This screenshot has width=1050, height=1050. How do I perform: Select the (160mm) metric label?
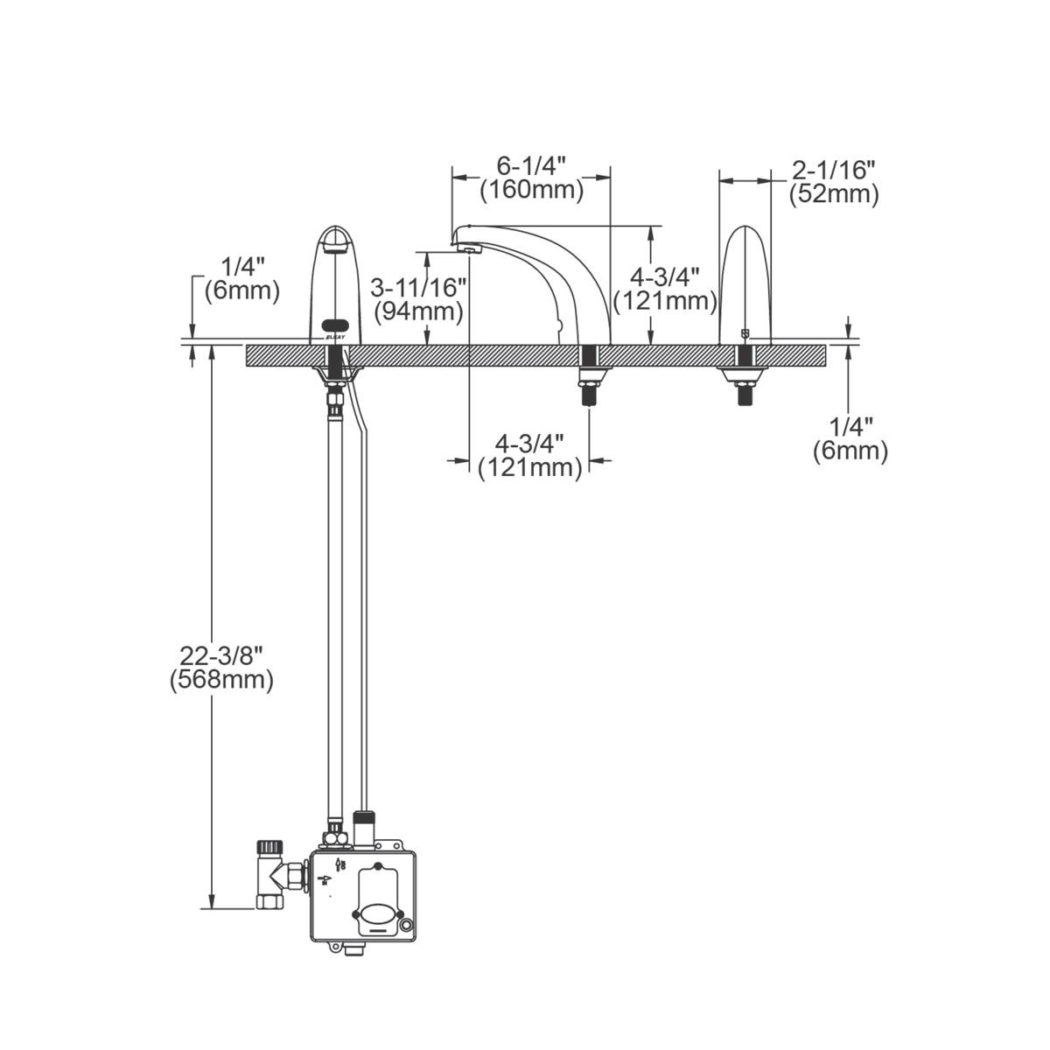531,190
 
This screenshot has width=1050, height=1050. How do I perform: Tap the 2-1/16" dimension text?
833,170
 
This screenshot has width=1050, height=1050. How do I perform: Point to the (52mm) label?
833,193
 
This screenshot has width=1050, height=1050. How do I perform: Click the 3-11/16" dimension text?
417,287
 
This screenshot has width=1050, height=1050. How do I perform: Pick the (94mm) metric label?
417,311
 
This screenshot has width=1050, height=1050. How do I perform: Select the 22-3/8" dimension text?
221,654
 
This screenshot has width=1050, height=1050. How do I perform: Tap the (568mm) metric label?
221,679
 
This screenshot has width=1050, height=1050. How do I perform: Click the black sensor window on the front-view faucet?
334,323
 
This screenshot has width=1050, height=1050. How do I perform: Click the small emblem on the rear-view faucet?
745,332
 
